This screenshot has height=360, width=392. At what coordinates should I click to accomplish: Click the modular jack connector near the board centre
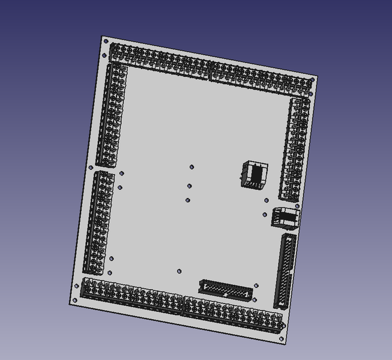click(254, 174)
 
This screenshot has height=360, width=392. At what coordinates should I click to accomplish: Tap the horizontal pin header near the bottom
click(226, 290)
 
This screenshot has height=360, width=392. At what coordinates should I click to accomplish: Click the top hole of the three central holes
click(191, 167)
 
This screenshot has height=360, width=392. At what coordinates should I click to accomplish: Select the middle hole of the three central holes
click(190, 186)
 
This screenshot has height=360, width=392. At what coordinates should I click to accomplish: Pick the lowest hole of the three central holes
click(188, 200)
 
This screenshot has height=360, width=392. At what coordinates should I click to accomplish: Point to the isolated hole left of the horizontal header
click(179, 271)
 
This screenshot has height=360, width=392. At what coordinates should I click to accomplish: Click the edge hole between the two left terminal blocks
click(91, 168)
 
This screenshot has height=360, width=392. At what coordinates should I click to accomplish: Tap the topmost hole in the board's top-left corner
click(106, 42)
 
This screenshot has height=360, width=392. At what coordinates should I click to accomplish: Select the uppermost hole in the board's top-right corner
click(312, 79)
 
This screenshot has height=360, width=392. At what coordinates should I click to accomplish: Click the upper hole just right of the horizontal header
click(256, 286)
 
